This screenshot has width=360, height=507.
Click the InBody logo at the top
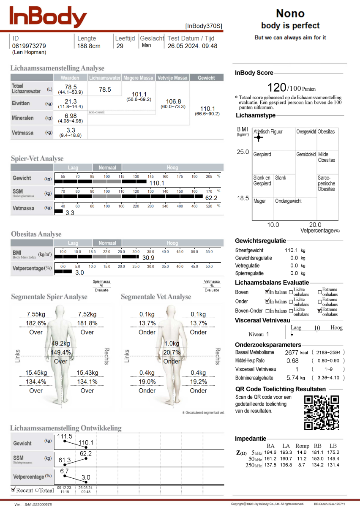48,17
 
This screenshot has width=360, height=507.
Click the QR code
322,412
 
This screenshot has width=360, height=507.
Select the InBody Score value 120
277,87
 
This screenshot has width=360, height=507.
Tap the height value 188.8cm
89,46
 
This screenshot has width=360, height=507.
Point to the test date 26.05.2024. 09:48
192,46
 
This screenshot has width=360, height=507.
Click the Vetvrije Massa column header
172,78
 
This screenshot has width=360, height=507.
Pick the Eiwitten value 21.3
71,101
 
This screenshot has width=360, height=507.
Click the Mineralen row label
23,118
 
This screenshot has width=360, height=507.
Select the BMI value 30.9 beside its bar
148,257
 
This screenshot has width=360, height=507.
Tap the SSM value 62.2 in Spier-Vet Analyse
211,198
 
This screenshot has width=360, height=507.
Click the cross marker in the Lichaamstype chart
259,137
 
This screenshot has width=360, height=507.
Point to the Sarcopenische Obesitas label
326,183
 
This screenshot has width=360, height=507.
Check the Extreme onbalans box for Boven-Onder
319,311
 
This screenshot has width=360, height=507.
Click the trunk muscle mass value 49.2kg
60,343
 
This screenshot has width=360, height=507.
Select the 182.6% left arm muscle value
36,323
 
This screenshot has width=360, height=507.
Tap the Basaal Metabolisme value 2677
292,352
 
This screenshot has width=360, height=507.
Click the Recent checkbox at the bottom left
13,490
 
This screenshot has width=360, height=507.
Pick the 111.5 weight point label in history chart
65,436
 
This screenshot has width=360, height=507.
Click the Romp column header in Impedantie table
302,446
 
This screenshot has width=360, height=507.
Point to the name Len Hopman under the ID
29,52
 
